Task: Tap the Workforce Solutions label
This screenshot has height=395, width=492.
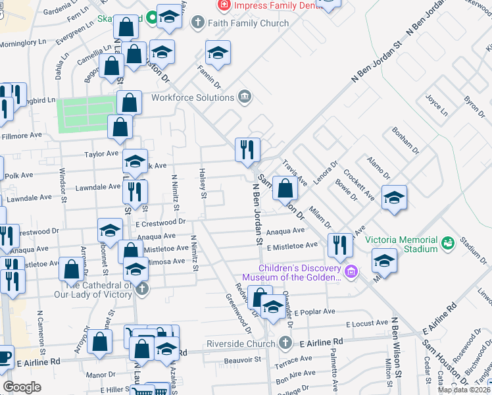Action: point(193,97)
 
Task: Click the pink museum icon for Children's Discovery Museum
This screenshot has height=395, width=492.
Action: point(352,271)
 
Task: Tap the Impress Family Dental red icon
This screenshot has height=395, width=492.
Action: point(224,5)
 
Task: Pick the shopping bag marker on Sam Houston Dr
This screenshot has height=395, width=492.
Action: point(285,189)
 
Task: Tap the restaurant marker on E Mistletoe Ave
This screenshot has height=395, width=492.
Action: point(340,245)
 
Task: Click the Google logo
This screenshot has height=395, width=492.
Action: point(22,387)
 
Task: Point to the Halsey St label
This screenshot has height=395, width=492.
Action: point(203,184)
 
